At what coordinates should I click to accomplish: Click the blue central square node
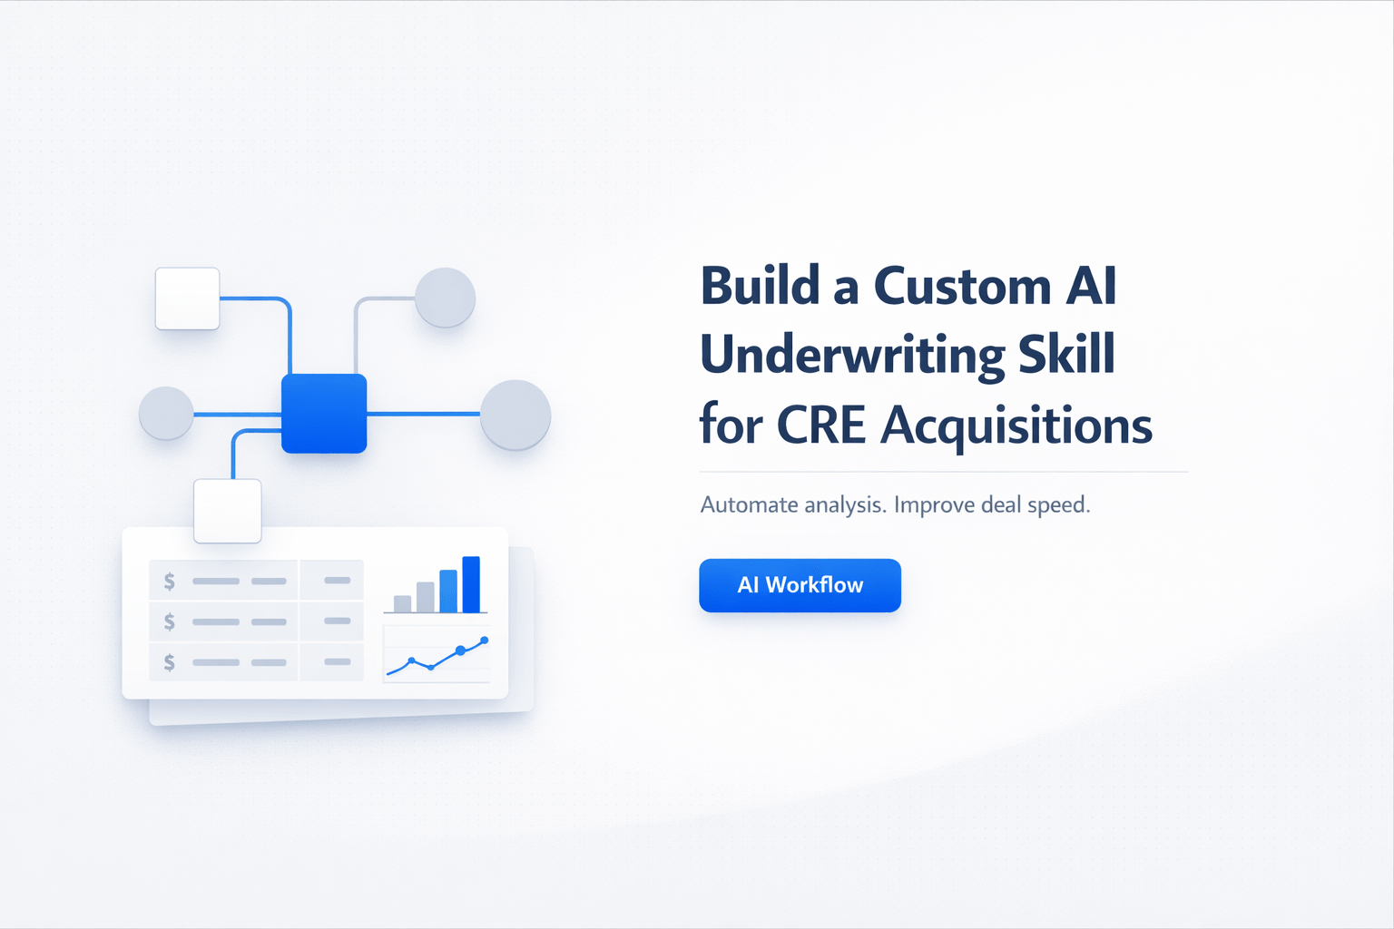324,413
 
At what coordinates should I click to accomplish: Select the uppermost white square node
187,298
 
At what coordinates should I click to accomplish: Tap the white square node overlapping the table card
228,511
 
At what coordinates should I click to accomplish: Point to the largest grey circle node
515,415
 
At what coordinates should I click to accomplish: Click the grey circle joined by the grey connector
445,298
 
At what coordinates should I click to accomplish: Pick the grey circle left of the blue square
166,414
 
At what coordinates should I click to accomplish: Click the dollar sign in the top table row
170,582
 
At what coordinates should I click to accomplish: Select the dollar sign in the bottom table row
170,662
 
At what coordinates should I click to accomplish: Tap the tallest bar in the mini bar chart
471,584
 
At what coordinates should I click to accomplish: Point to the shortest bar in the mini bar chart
402,603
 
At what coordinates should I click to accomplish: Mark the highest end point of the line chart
485,641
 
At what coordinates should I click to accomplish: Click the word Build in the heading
761,287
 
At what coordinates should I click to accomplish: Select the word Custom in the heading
962,287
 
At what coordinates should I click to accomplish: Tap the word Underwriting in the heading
852,356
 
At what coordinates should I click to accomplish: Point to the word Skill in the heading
1066,354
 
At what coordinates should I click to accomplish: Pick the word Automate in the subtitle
749,504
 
